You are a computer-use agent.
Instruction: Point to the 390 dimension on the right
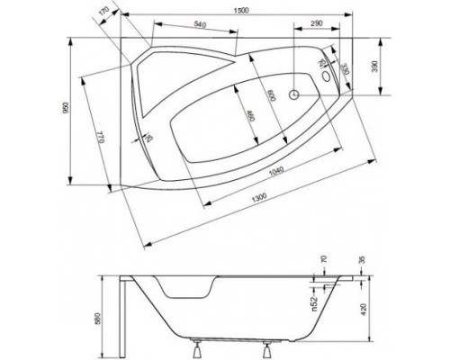click(x=389, y=67)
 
